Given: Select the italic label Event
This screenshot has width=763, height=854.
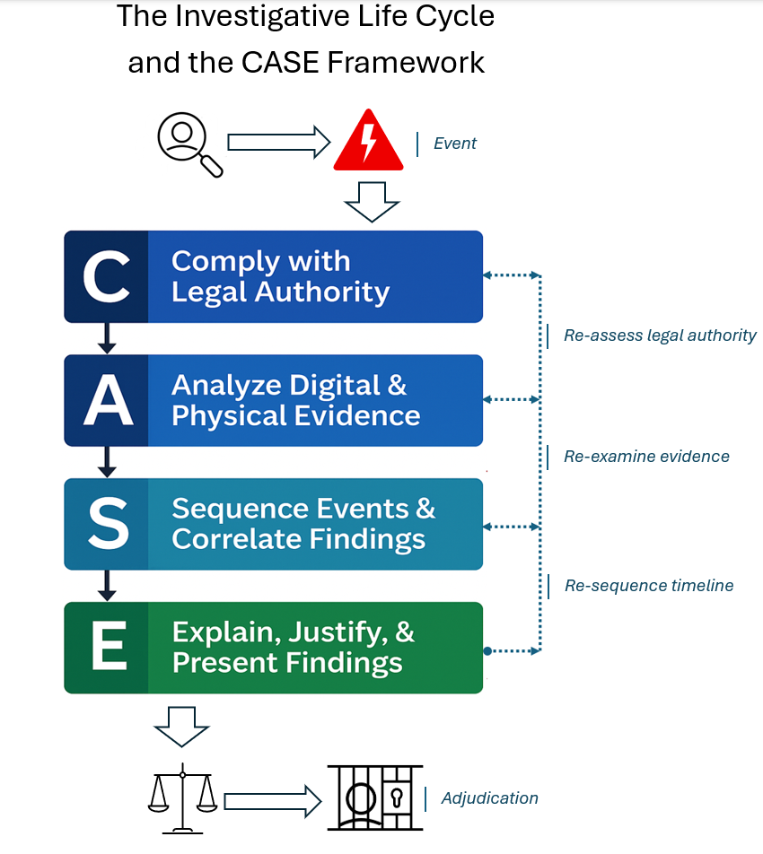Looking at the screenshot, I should tap(455, 144).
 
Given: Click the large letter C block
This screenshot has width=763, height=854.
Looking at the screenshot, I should tap(107, 276).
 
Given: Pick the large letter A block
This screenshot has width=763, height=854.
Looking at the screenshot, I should tap(107, 400).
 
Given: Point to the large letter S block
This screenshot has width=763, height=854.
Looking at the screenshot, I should tap(107, 524).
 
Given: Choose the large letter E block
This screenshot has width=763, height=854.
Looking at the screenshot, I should tap(107, 648).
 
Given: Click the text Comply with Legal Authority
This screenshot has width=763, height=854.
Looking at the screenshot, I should tap(280, 276).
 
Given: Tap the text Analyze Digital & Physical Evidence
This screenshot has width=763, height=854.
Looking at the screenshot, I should tap(295, 400).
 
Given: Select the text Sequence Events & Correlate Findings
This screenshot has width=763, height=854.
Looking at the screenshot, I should tap(303, 524).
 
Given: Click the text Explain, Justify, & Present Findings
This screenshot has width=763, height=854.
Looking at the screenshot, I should tap(293, 648).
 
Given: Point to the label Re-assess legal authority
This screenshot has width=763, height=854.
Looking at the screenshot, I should tap(660, 335).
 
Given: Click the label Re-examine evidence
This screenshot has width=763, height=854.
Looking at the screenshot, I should tap(646, 457).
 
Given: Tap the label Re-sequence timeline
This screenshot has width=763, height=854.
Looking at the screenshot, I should tap(649, 586).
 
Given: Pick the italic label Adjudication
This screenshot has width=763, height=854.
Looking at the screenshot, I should tap(489, 797).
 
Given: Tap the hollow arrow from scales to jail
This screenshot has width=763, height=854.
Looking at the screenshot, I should tap(272, 797).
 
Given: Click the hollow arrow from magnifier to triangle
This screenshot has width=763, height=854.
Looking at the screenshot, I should tap(278, 142).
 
